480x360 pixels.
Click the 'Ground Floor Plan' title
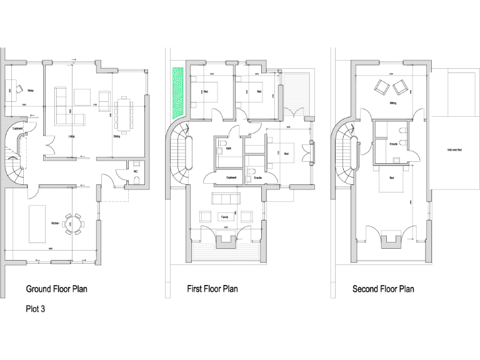click(x=56, y=289)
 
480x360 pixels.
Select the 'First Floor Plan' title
click(x=212, y=289)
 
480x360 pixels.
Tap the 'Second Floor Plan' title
click(x=382, y=289)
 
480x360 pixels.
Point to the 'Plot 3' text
click(x=35, y=308)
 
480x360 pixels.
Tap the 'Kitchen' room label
click(x=54, y=223)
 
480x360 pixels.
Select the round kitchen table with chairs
click(x=74, y=224)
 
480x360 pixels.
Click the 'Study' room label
click(x=31, y=91)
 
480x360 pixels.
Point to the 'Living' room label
click(x=72, y=134)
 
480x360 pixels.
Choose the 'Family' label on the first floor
click(x=224, y=216)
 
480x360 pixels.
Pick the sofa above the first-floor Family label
click(x=226, y=199)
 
